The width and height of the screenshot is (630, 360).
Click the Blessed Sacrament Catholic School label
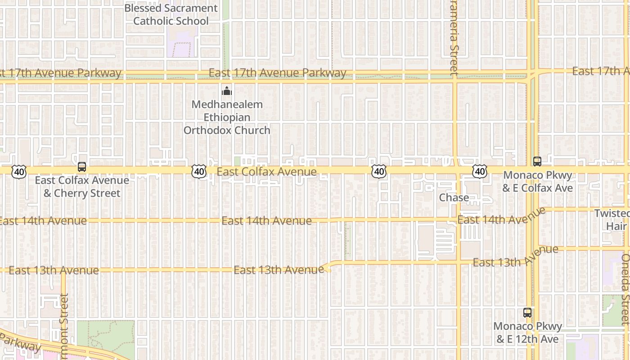[171, 14]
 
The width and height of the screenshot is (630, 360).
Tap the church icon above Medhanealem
[227, 91]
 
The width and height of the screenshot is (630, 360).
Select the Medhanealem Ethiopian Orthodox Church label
[227, 117]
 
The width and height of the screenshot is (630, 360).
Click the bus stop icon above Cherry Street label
[82, 167]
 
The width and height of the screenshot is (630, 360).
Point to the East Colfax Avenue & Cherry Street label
[82, 187]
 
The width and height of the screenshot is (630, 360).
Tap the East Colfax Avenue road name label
[266, 172]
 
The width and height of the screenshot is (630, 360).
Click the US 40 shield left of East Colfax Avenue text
[198, 171]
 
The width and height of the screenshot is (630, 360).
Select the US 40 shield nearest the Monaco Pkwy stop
[480, 171]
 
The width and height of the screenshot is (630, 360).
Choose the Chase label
[454, 198]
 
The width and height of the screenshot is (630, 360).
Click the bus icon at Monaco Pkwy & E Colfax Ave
[537, 161]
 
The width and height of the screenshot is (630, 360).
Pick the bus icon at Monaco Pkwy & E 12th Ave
[527, 312]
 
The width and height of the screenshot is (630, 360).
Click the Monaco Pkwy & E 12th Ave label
[527, 333]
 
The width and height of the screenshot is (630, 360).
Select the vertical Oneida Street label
[625, 289]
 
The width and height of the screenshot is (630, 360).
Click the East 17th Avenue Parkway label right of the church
[277, 73]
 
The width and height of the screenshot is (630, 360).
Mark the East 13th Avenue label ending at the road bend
[279, 270]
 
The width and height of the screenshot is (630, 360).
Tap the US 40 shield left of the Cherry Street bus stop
[19, 171]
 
